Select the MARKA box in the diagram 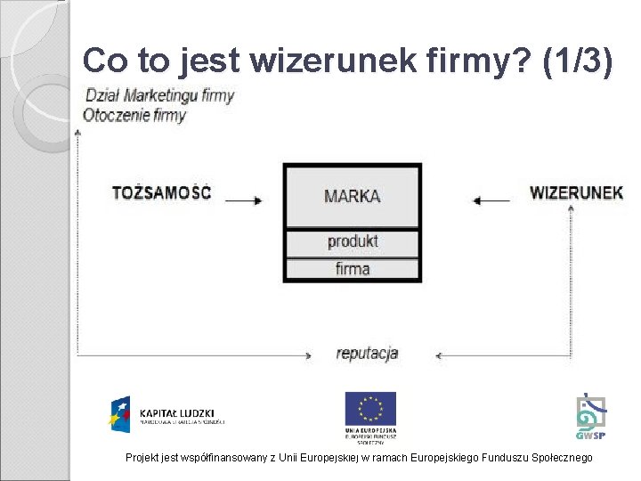pos(352,196)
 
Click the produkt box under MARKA pos(352,241)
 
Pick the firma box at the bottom pos(352,268)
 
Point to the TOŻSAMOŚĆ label pos(161,192)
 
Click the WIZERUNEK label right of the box pos(576,192)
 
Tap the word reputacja pos(367,353)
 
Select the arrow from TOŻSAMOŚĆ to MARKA pos(244,200)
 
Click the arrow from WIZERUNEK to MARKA pos(491,200)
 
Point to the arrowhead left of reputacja pos(308,356)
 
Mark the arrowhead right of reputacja pos(439,356)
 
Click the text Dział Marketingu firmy pos(158,95)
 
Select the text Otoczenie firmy pos(134,115)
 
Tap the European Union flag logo pos(370,409)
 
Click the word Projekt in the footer pos(142,457)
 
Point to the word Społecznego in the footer pos(559,457)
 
